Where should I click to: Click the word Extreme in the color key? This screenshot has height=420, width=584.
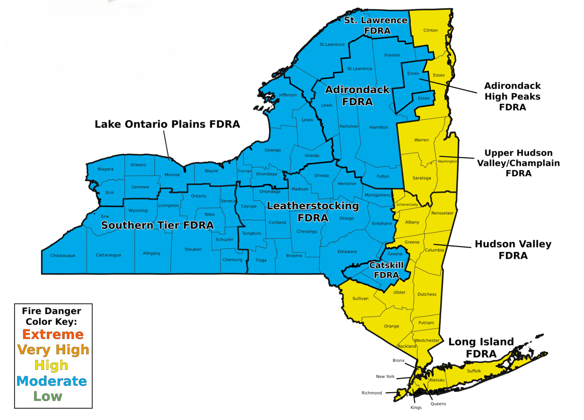(53, 334)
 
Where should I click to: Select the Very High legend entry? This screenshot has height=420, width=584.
(53, 349)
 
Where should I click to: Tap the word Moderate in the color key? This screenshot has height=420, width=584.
(52, 381)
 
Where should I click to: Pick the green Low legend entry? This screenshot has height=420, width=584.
(48, 396)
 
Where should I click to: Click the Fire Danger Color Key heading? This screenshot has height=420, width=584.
(52, 316)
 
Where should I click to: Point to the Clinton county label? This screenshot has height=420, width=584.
(431, 30)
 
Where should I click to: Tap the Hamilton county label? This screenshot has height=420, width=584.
(379, 127)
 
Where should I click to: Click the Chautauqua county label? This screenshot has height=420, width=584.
(63, 255)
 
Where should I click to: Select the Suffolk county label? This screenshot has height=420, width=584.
(474, 371)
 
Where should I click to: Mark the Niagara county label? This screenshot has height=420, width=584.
(105, 169)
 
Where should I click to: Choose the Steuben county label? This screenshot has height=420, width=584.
(193, 249)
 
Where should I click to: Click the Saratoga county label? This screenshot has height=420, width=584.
(422, 178)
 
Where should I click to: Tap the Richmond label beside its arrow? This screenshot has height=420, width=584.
(372, 393)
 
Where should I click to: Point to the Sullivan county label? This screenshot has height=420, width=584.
(360, 298)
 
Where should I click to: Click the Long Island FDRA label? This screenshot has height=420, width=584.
(481, 347)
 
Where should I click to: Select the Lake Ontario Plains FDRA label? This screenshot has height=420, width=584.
(167, 124)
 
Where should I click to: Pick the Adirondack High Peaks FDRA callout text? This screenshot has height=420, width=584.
(512, 96)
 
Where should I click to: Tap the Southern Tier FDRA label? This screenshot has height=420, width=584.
(157, 225)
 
